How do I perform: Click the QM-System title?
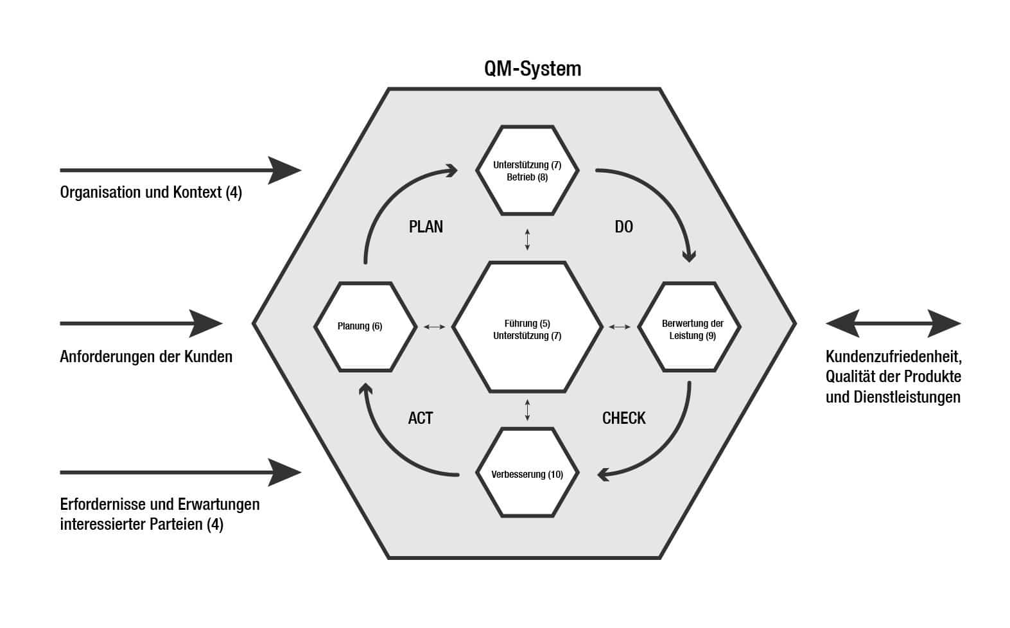pyautogui.click(x=532, y=69)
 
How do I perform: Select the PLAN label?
pyautogui.click(x=426, y=227)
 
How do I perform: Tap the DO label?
pyautogui.click(x=623, y=227)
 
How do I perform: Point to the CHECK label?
pyautogui.click(x=623, y=418)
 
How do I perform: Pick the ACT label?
pyautogui.click(x=421, y=418)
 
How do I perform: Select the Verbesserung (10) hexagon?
pyautogui.click(x=527, y=475)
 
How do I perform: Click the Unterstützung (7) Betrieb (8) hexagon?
pyautogui.click(x=527, y=170)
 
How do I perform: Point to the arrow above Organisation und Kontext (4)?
pyautogui.click(x=180, y=170)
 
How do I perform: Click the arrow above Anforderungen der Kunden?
pyautogui.click(x=141, y=324)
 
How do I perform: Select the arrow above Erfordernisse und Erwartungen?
pyautogui.click(x=180, y=473)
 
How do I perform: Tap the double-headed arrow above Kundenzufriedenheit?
pyautogui.click(x=893, y=324)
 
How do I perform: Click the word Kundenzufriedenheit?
pyautogui.click(x=893, y=356)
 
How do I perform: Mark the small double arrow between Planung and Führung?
pyautogui.click(x=435, y=327)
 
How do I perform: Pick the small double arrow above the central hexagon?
pyautogui.click(x=527, y=239)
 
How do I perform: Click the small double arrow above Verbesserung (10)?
pyautogui.click(x=527, y=410)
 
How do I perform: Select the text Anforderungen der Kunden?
pyautogui.click(x=146, y=356)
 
